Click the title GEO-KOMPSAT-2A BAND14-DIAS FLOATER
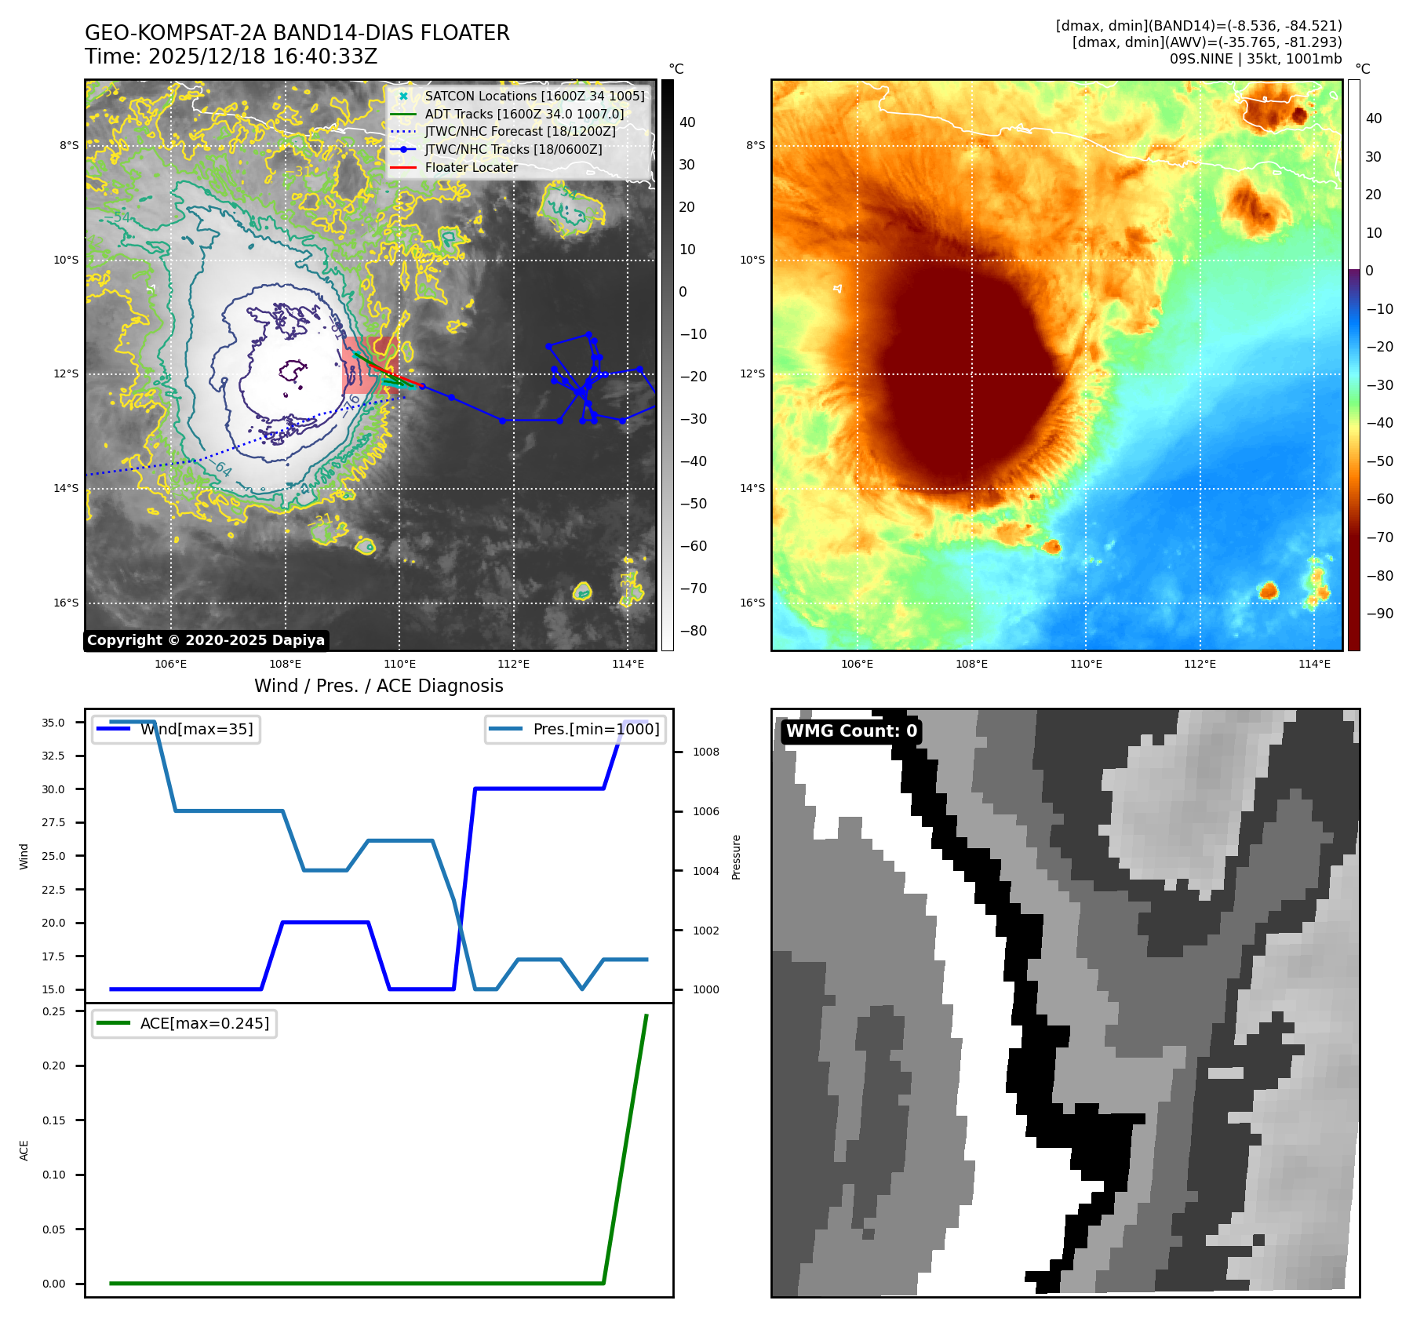click(297, 33)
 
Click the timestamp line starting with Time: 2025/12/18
click(231, 57)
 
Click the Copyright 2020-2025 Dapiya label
click(206, 640)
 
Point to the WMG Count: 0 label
click(851, 731)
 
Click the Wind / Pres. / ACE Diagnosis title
click(378, 687)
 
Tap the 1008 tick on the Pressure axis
click(705, 752)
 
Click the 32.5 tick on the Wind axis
click(53, 756)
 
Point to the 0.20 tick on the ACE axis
click(53, 1066)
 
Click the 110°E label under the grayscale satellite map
click(399, 665)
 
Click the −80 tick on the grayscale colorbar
click(693, 631)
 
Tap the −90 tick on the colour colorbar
click(1379, 614)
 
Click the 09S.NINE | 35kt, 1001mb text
click(1255, 59)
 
